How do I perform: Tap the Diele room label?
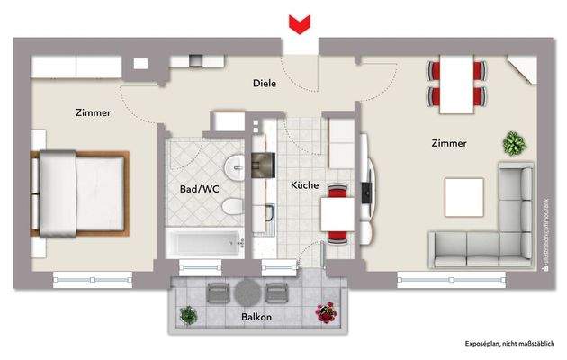[x=265, y=84]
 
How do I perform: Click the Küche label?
[x=303, y=184]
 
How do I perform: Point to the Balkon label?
[x=256, y=318]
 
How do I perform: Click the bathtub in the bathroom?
[x=203, y=241]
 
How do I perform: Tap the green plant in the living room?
[x=515, y=142]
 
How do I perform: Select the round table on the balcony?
[x=246, y=292]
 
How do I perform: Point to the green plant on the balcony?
[x=187, y=315]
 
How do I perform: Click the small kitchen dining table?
[x=337, y=214]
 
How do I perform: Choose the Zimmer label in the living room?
[x=448, y=142]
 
